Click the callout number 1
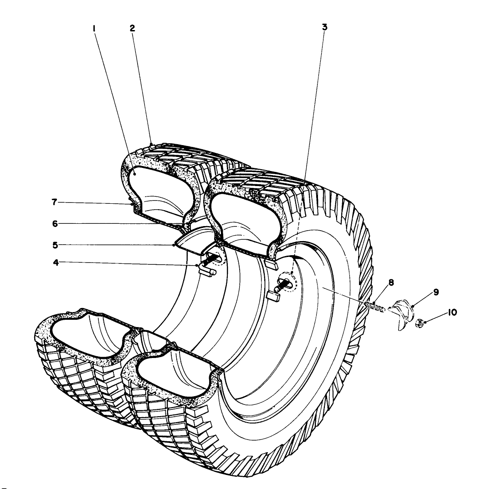[x=94, y=29]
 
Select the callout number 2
[x=133, y=28]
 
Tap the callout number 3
[x=324, y=27]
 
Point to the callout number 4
[x=56, y=262]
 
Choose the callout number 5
[x=55, y=245]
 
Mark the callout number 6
[x=55, y=224]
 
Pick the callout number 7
[x=54, y=202]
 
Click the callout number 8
[x=391, y=282]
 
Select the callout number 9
[x=436, y=292]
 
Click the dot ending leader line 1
[x=134, y=174]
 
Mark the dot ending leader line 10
[x=425, y=322]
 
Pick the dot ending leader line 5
[x=174, y=245]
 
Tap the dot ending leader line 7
[x=132, y=204]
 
